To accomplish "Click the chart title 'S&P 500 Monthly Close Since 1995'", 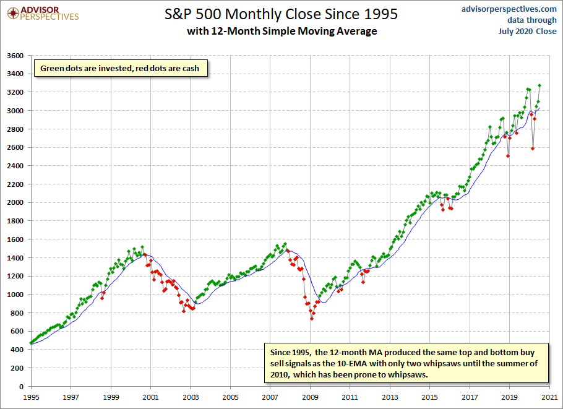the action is [x=281, y=14].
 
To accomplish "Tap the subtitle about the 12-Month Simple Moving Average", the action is [x=282, y=31].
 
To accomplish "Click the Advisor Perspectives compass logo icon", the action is [x=13, y=13].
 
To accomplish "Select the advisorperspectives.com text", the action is [x=509, y=9].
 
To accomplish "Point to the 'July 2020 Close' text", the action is [x=528, y=31].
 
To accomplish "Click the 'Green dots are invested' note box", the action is [x=121, y=68].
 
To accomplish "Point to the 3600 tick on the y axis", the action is [x=15, y=56].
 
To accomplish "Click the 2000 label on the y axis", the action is [x=15, y=202].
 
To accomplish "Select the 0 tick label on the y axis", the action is [x=21, y=387].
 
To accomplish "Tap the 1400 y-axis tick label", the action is [x=15, y=258].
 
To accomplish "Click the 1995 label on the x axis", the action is [x=31, y=397].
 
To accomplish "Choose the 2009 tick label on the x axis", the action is [x=310, y=397].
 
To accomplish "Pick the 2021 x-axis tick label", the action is [x=549, y=397].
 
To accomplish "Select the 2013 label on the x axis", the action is [x=390, y=397].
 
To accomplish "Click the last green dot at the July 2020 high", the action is [x=539, y=85].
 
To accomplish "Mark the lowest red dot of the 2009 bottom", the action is [x=312, y=319].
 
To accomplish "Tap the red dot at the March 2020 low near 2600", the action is [x=533, y=149].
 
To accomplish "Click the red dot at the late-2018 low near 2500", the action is [x=508, y=156].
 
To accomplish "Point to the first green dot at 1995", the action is [x=31, y=343].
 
